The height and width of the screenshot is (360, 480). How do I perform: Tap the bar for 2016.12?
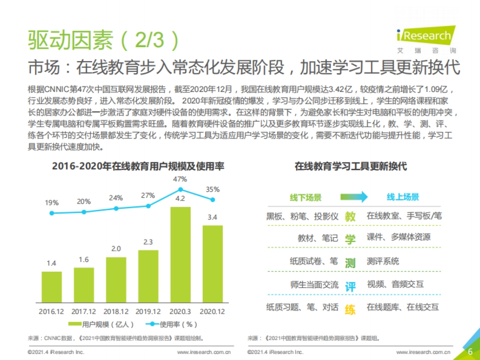[52, 287]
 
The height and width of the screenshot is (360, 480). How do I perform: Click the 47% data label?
[180, 179]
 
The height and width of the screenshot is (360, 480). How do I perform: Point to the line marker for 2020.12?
[213, 199]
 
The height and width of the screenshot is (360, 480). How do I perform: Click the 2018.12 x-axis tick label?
[116, 311]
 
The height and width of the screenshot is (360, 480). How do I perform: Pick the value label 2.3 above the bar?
[148, 242]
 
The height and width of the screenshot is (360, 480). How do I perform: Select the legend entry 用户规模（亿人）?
[101, 324]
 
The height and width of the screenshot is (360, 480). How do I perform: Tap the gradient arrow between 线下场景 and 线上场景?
[354, 197]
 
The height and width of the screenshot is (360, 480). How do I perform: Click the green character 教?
[350, 216]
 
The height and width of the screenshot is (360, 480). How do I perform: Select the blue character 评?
[350, 286]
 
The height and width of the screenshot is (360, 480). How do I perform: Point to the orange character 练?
[350, 309]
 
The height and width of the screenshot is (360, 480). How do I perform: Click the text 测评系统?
[383, 262]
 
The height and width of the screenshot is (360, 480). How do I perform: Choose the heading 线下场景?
[306, 197]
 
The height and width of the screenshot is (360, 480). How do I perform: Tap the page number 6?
[470, 352]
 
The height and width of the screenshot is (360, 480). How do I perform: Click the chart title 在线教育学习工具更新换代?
[350, 166]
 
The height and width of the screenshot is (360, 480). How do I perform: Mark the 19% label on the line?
[52, 203]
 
